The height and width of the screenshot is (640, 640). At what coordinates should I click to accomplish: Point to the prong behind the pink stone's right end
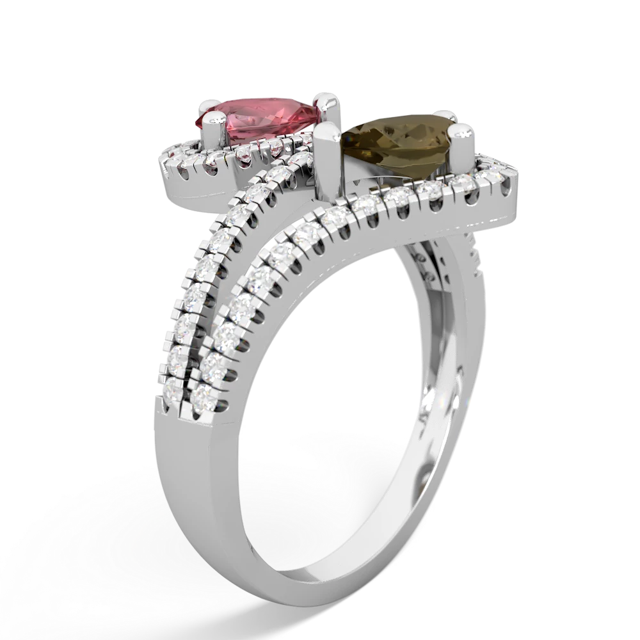click(x=329, y=102)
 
